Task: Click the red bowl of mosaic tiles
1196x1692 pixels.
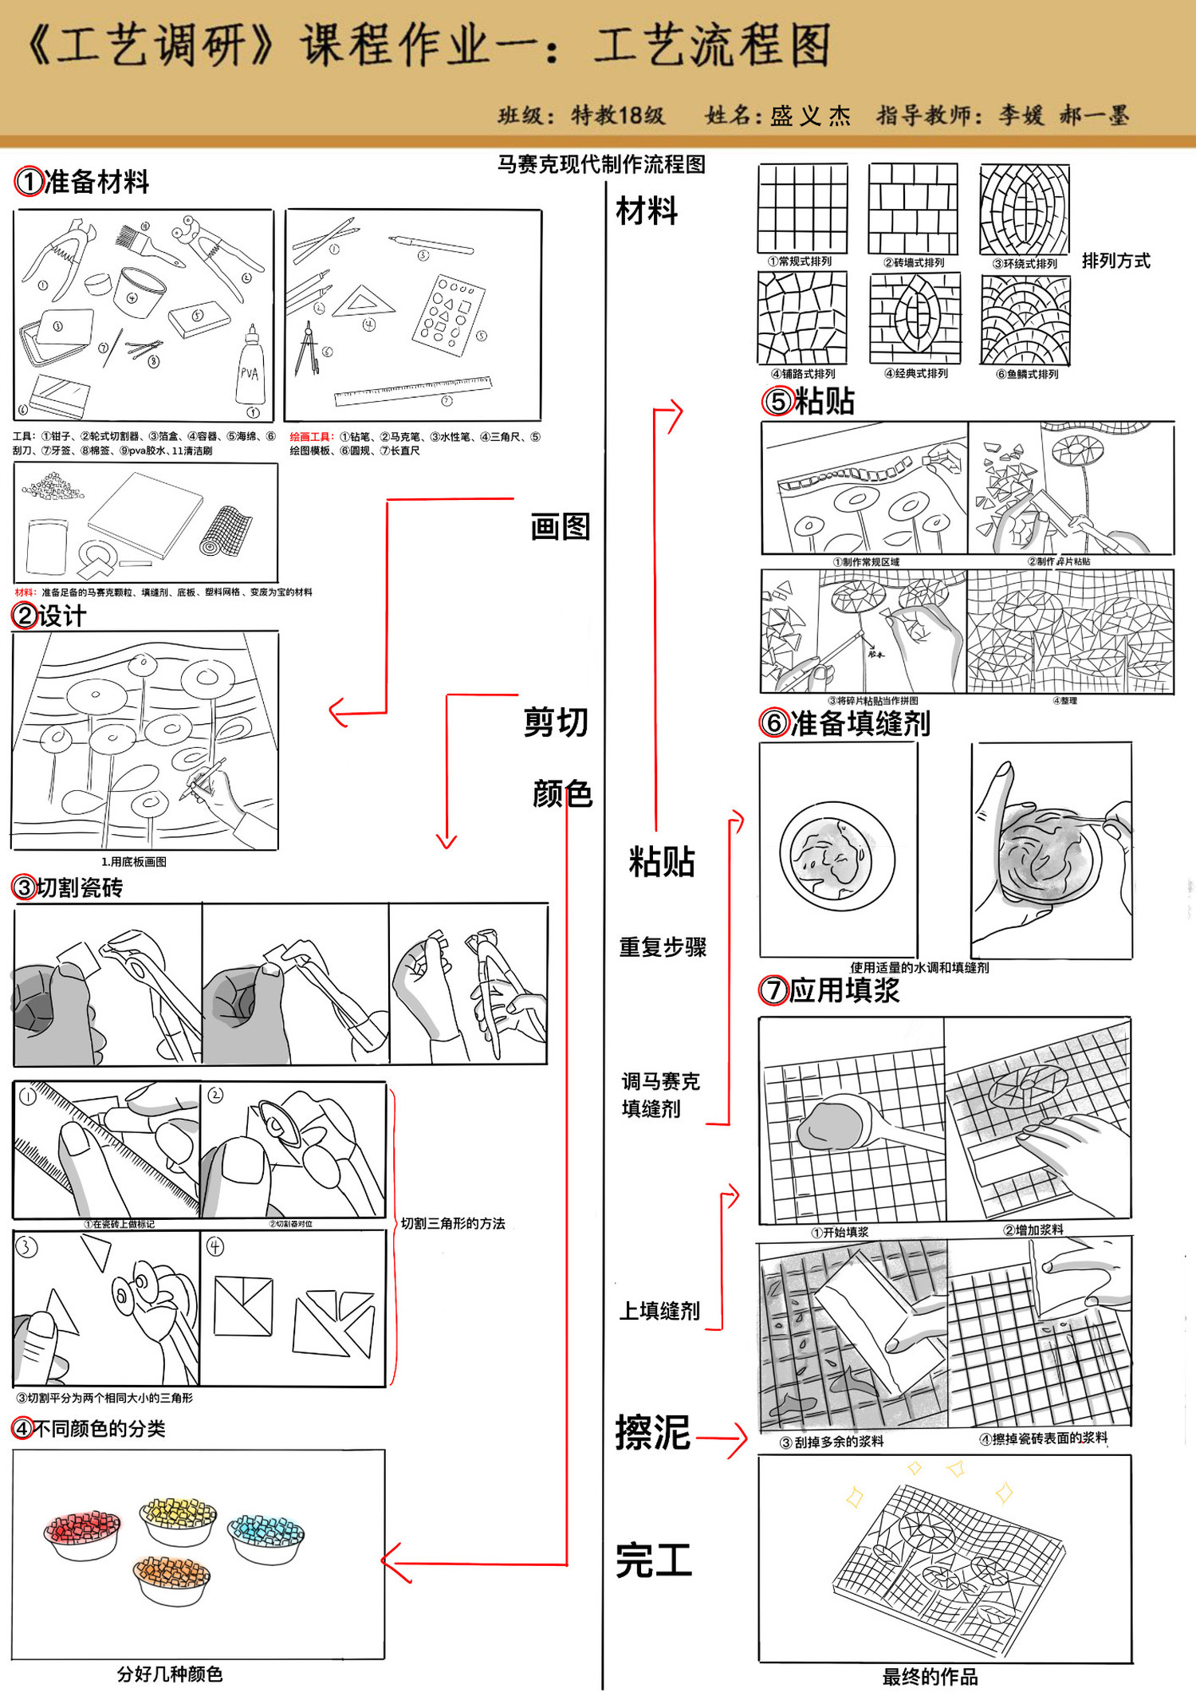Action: pos(83,1533)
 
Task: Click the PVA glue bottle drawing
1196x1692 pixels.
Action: pos(250,371)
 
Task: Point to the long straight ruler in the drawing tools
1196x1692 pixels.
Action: pos(413,391)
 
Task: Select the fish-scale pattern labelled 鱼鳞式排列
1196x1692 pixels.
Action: pos(1025,320)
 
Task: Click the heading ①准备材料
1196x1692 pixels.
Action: pos(82,182)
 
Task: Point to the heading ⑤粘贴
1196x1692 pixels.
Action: pos(808,401)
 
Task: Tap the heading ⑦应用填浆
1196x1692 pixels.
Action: pos(829,990)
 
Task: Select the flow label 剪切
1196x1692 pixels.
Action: pos(556,722)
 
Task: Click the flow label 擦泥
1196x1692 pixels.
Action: pos(652,1432)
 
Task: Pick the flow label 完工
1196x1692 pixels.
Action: pos(653,1560)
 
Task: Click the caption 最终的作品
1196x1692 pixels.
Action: pos(930,1676)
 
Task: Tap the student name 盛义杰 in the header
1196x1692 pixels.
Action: pos(810,116)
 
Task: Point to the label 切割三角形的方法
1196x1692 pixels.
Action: pos(452,1223)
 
